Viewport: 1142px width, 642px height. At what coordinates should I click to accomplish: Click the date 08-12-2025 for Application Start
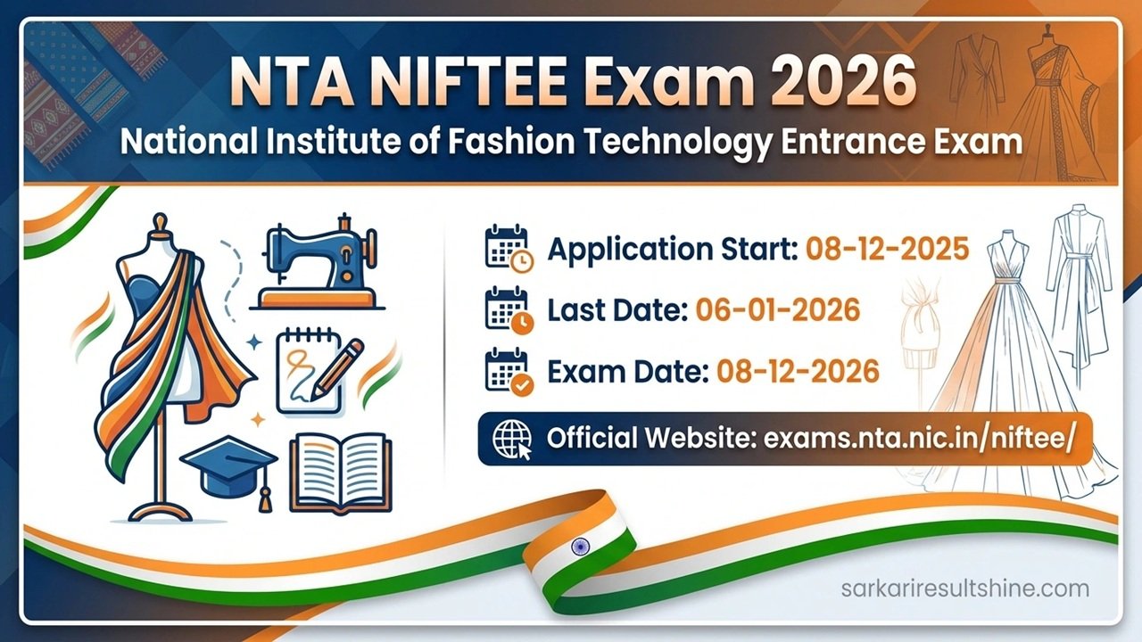(887, 250)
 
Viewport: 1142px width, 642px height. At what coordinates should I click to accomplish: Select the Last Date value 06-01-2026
(777, 309)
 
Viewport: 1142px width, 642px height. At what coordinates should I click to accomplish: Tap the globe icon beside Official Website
(510, 438)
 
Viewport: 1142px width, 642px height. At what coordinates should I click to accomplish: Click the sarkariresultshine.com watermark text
(964, 588)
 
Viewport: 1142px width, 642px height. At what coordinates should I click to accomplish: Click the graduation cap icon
(229, 466)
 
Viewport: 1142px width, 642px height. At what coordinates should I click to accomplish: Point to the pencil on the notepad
(338, 366)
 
